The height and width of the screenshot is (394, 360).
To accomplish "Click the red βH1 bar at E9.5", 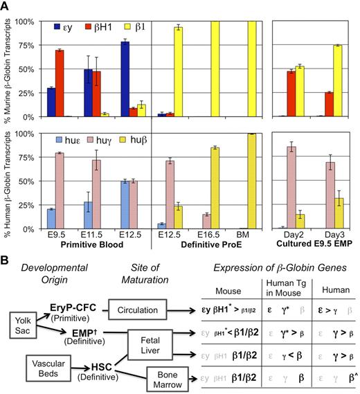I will (x=60, y=82).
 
